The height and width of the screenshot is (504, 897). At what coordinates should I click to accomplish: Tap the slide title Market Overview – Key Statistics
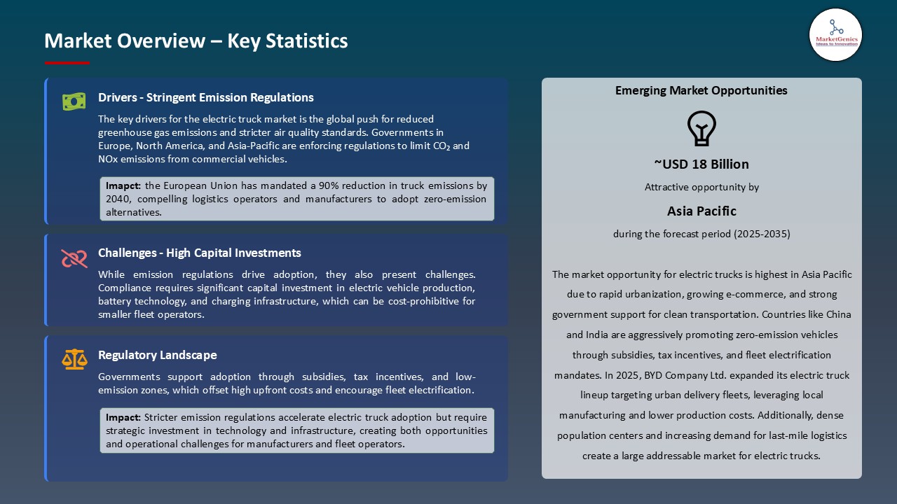tap(196, 41)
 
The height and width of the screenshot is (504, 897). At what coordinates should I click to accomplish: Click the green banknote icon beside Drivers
tap(74, 101)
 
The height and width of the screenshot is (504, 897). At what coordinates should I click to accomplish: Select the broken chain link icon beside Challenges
tap(74, 258)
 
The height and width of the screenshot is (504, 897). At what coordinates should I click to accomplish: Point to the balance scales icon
tap(74, 360)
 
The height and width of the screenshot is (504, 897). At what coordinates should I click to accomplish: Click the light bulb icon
tap(701, 129)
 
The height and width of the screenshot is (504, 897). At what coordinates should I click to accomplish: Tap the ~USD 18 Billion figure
tap(701, 164)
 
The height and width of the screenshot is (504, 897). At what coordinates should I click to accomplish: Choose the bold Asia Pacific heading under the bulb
tap(701, 211)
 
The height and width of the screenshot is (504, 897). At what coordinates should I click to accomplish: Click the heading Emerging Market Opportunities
tap(701, 90)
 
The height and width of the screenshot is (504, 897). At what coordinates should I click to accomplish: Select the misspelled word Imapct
tap(122, 186)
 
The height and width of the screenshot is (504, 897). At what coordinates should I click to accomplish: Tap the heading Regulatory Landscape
tap(157, 355)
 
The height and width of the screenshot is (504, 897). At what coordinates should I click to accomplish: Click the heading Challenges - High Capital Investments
tap(199, 253)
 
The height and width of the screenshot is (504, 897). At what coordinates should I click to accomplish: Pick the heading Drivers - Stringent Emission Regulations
tap(205, 97)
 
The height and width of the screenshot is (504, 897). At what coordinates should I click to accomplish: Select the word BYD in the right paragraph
tap(643, 375)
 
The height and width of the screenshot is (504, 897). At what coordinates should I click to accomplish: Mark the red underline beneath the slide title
tap(67, 63)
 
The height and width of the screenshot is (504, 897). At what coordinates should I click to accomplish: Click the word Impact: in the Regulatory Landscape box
tap(123, 417)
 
